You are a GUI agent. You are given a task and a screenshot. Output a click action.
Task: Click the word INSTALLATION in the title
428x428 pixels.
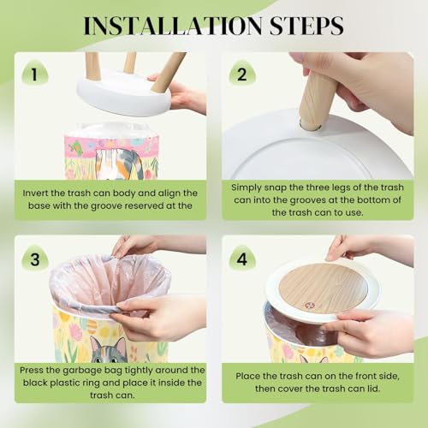[173, 26]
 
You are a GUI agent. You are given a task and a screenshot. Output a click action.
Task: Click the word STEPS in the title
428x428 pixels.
[306, 26]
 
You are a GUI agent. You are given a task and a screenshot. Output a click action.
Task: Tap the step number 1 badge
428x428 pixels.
[35, 74]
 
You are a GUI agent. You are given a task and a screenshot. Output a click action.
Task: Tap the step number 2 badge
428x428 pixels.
[242, 74]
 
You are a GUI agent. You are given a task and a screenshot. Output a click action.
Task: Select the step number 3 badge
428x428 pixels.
[35, 259]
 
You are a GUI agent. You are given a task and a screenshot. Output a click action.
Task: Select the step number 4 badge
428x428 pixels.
[242, 259]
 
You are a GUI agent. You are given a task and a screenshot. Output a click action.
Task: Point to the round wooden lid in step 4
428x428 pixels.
[323, 288]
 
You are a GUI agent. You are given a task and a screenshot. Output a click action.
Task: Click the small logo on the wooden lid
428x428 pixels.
[309, 306]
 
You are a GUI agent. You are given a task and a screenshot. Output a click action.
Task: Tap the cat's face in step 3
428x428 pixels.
[109, 350]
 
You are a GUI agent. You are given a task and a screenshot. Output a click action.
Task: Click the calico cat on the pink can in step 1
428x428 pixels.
[117, 164]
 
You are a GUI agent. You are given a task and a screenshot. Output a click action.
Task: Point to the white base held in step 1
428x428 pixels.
[124, 92]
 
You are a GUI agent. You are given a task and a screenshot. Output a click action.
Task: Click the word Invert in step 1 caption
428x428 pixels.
[35, 193]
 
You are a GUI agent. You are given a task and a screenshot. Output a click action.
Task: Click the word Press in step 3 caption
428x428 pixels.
[32, 370]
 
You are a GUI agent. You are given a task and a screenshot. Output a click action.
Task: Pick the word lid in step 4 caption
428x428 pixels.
[374, 389]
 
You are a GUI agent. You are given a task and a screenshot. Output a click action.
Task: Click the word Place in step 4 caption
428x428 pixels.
[247, 376]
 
